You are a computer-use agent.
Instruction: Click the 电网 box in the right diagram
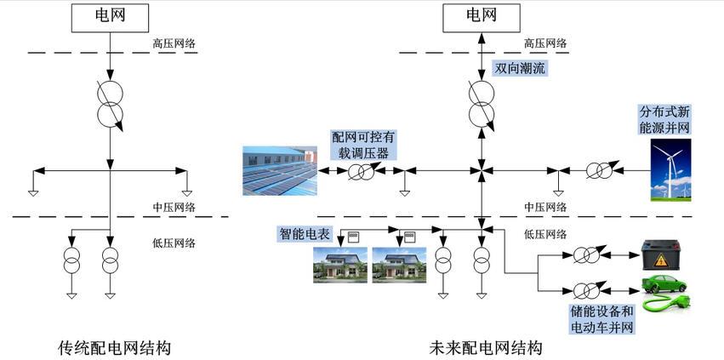480,16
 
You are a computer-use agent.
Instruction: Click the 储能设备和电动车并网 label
602,317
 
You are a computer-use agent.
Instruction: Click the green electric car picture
664,293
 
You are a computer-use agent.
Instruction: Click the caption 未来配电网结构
485,347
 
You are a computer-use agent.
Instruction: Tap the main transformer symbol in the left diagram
110,103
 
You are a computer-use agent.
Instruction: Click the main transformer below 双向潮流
482,103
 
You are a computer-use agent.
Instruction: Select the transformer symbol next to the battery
586,254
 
